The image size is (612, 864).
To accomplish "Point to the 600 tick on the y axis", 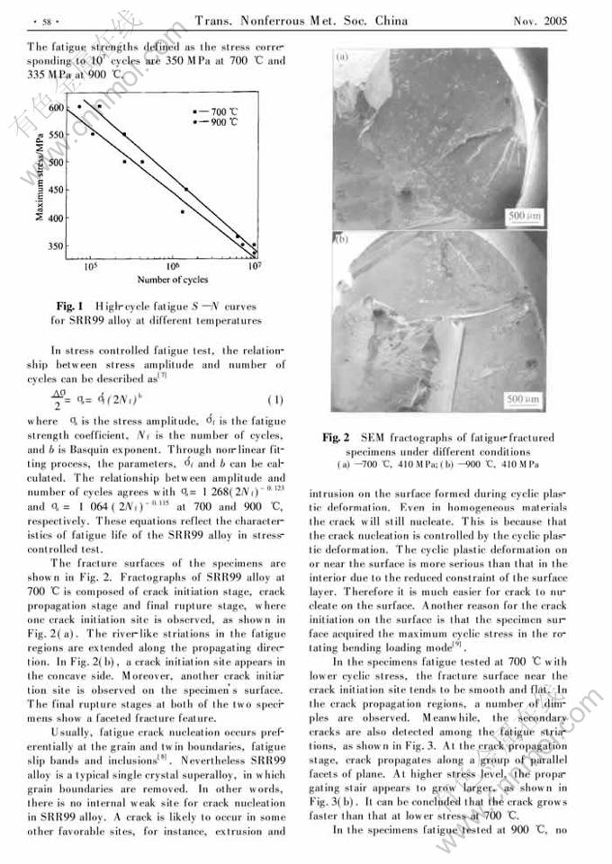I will [58, 107].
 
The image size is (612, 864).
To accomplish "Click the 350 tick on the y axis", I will [58, 245].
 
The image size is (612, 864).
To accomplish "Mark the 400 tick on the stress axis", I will [58, 218].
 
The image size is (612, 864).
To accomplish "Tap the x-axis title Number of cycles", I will [172, 280].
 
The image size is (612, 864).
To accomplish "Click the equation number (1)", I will [276, 399].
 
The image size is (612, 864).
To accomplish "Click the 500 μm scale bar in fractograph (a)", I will [523, 217].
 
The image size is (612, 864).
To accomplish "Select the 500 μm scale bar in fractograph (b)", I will [523, 397].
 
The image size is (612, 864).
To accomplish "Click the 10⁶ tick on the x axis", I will [174, 267].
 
